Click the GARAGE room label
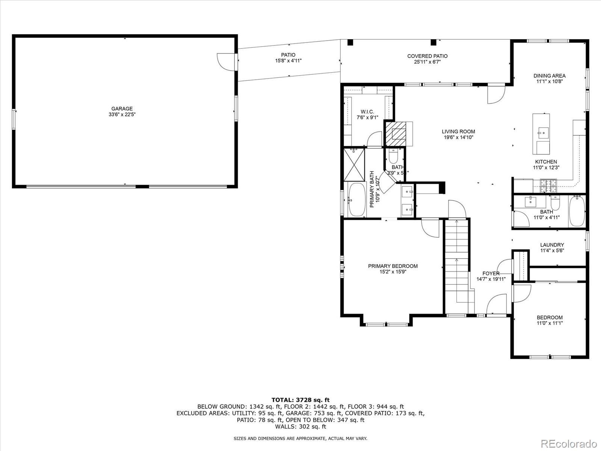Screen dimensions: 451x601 click(122, 109)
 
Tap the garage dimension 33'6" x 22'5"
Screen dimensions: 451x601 click(122, 115)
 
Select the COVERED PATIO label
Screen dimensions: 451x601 click(427, 56)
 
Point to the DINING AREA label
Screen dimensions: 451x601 click(549, 76)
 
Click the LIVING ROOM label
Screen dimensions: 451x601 click(458, 132)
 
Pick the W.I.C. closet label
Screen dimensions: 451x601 click(367, 112)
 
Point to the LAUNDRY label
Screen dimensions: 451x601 click(552, 245)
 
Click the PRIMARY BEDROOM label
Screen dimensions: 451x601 click(393, 266)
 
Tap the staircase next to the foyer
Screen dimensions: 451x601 click(457, 263)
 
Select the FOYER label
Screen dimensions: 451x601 click(491, 273)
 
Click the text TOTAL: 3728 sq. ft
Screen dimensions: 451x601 click(300, 400)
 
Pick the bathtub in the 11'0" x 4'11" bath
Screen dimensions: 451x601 click(577, 211)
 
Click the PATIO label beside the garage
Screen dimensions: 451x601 click(288, 55)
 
